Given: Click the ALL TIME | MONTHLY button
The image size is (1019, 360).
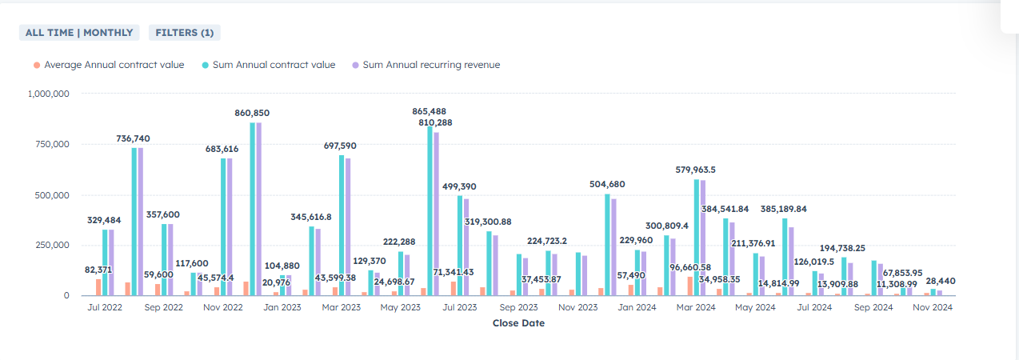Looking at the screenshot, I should tap(79, 33).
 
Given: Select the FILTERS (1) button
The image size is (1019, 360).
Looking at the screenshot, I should tap(184, 33).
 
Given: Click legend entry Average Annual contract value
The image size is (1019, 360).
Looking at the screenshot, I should tap(114, 65).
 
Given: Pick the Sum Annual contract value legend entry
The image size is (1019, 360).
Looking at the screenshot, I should tap(274, 65).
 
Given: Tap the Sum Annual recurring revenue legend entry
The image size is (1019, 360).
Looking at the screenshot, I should tap(431, 65).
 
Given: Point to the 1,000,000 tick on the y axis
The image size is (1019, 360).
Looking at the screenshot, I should tap(49, 94).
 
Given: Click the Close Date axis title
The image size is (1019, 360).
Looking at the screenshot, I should tap(518, 323).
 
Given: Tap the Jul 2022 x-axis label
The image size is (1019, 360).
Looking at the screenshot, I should tap(105, 307).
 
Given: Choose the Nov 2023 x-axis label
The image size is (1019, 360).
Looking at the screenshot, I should tap(578, 307).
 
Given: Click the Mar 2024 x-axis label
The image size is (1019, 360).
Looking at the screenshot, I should tap(697, 307).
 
